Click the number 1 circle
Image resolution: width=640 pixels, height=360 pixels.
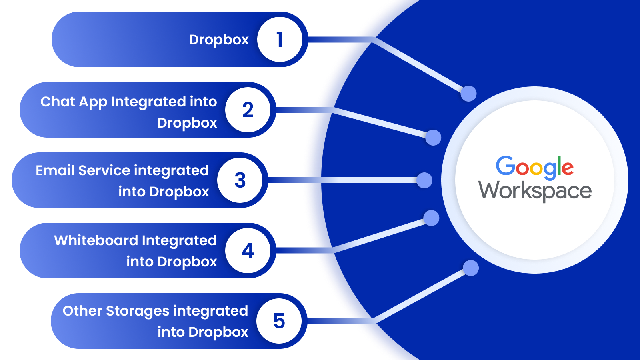pos(280,40)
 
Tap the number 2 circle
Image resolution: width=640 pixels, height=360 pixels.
pos(248,110)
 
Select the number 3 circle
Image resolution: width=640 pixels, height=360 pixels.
pos(240,180)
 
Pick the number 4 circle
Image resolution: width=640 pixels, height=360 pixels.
pos(248,251)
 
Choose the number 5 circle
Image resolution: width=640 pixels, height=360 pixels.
pos(279,321)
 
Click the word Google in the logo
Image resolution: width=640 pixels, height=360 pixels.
pos(534,167)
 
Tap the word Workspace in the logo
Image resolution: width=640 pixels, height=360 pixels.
pos(535,191)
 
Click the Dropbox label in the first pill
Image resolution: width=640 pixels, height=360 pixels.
pos(218,40)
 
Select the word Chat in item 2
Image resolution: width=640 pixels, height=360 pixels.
pos(58,102)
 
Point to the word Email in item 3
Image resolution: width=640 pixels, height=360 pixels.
pos(55,170)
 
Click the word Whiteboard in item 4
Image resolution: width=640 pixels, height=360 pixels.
pos(96,240)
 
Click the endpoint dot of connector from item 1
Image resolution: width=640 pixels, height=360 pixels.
pos(468,94)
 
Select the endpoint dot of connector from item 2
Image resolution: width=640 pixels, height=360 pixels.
pos(433,138)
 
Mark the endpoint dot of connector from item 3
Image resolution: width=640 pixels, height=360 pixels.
pos(424,180)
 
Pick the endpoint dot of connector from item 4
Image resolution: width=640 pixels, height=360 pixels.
pos(431,218)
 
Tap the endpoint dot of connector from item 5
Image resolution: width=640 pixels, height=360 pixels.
pos(470,268)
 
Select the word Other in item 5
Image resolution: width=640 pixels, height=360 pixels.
pos(82,311)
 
